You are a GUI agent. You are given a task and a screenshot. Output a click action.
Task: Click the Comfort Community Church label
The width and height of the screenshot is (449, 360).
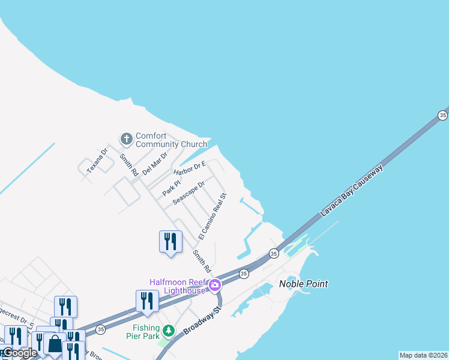(171, 140)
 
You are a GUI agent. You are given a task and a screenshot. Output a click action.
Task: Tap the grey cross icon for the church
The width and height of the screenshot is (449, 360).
(126, 139)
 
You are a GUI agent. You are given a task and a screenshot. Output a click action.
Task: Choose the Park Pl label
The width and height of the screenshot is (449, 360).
(171, 188)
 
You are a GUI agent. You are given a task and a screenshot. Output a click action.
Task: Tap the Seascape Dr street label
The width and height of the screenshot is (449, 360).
(188, 193)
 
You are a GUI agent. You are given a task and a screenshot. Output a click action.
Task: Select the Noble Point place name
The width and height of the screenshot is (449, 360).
(304, 284)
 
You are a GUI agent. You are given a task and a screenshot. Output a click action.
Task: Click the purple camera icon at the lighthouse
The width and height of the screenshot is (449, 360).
(213, 287)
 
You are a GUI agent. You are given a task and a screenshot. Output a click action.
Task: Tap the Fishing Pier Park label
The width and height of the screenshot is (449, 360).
(146, 332)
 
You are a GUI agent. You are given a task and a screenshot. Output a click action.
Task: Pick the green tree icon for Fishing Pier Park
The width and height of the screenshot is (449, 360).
(169, 331)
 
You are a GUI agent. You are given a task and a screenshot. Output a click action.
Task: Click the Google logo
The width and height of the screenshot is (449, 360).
(19, 353)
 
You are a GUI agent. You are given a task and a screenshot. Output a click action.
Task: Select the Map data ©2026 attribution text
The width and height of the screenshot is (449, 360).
(423, 355)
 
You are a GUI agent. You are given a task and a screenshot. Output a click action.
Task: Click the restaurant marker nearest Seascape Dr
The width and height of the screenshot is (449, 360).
(170, 241)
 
